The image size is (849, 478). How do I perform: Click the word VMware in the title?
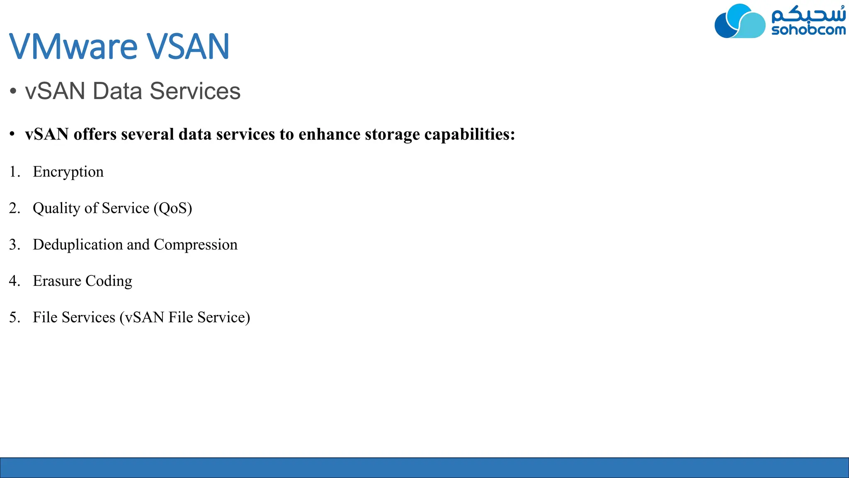pyautogui.click(x=73, y=46)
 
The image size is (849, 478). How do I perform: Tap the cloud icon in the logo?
pyautogui.click(x=740, y=22)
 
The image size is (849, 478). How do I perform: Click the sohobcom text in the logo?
pyautogui.click(x=808, y=30)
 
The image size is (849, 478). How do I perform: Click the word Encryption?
pyautogui.click(x=68, y=172)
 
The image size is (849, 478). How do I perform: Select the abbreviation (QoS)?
pyautogui.click(x=173, y=208)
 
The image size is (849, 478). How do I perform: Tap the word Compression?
pyautogui.click(x=195, y=245)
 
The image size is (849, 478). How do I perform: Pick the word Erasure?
pyautogui.click(x=57, y=281)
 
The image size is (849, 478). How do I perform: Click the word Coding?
pyautogui.click(x=109, y=281)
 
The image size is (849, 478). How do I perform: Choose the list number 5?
pyautogui.click(x=14, y=317)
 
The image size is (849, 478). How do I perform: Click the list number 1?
pyautogui.click(x=14, y=172)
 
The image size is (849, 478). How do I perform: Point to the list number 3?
pyautogui.click(x=14, y=245)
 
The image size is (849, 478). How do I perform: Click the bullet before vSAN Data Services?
pyautogui.click(x=13, y=91)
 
